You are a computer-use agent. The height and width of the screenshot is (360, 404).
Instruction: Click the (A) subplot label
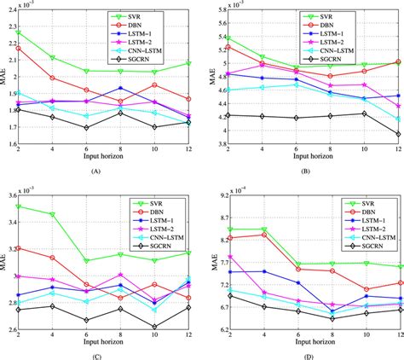point(107,171)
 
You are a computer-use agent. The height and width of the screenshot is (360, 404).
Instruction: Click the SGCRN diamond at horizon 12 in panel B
point(399,134)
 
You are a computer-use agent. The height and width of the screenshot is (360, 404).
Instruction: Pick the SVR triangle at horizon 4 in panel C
point(52,214)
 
